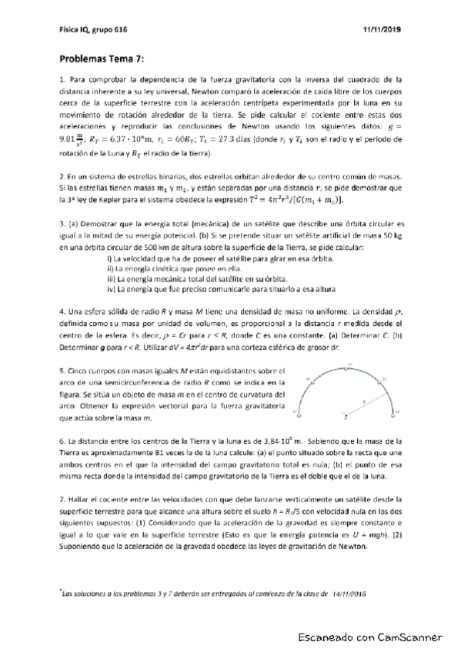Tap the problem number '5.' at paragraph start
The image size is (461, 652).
(x=61, y=370)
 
